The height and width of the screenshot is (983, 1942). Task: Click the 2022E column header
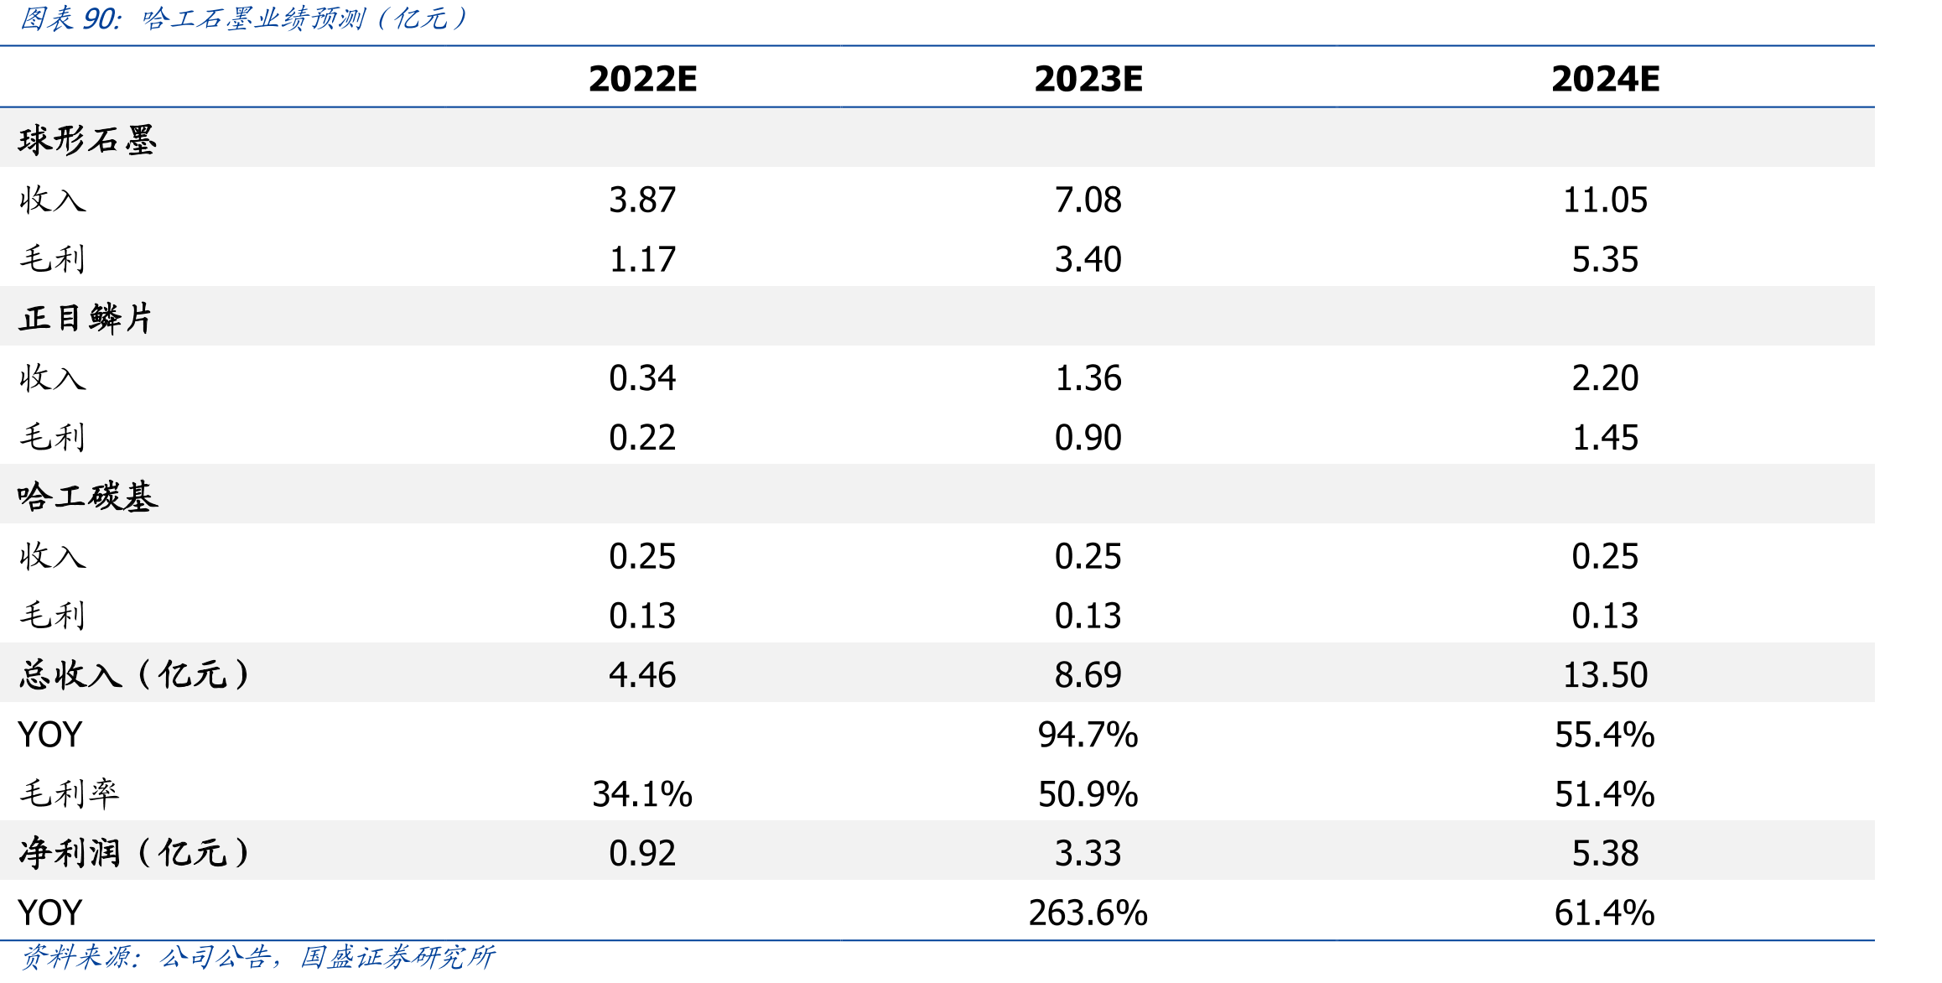[x=642, y=79]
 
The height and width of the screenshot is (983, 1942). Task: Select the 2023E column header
[x=1088, y=79]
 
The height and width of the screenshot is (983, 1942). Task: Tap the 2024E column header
[x=1605, y=79]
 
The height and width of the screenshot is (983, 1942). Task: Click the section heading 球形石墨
[x=87, y=139]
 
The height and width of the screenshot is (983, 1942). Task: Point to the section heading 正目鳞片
[x=86, y=318]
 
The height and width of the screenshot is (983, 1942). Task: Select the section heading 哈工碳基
[x=87, y=497]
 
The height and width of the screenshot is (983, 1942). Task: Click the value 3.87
[x=642, y=200]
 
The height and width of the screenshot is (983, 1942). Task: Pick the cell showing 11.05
[x=1605, y=200]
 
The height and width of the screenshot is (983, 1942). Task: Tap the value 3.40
[x=1088, y=259]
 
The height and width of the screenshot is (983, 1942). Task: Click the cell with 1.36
[x=1088, y=378]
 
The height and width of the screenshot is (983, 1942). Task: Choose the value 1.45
[x=1605, y=438]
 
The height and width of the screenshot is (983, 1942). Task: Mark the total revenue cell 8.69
[x=1088, y=675]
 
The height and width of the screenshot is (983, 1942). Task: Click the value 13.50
[x=1605, y=675]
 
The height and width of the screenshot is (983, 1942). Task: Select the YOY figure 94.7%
[x=1088, y=735]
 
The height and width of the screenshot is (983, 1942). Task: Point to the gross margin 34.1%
[x=642, y=794]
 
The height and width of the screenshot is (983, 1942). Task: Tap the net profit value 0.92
[x=642, y=854]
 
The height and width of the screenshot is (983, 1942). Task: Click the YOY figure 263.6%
[x=1088, y=913]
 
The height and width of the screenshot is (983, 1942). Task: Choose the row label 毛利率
[x=70, y=793]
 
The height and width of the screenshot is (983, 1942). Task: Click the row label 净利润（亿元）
[x=134, y=853]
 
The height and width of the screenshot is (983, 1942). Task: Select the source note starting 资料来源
[x=257, y=957]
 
